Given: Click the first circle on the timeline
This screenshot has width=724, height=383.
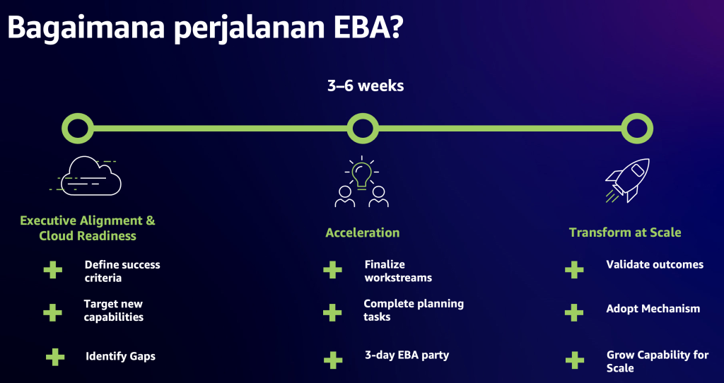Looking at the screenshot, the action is click(78, 129).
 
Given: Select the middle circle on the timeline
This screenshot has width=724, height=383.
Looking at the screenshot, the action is click(362, 129).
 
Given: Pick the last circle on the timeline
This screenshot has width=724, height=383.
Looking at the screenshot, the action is click(636, 129).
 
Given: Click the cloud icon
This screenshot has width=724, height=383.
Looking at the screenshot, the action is click(91, 176).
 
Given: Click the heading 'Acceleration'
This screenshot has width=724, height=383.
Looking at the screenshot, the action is click(362, 232).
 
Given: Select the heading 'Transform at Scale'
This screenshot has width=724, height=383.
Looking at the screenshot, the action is click(625, 232).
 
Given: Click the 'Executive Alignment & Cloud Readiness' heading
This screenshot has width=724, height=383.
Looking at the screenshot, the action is click(88, 228).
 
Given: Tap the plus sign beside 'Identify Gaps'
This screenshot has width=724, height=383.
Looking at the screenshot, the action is click(54, 356).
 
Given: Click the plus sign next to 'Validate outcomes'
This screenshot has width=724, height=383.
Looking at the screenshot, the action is click(574, 269).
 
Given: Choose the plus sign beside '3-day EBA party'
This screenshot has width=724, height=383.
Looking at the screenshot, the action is click(332, 360).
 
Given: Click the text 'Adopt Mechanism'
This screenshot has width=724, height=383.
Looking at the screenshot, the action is click(653, 309).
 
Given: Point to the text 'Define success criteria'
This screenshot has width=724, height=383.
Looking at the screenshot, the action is click(122, 271).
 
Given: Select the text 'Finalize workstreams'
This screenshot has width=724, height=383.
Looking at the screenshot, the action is click(398, 271).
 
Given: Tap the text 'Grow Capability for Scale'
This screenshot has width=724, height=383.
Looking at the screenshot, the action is click(657, 361).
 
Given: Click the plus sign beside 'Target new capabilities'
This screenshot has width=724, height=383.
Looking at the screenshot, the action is click(52, 312).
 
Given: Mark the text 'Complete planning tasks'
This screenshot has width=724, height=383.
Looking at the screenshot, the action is click(413, 310).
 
